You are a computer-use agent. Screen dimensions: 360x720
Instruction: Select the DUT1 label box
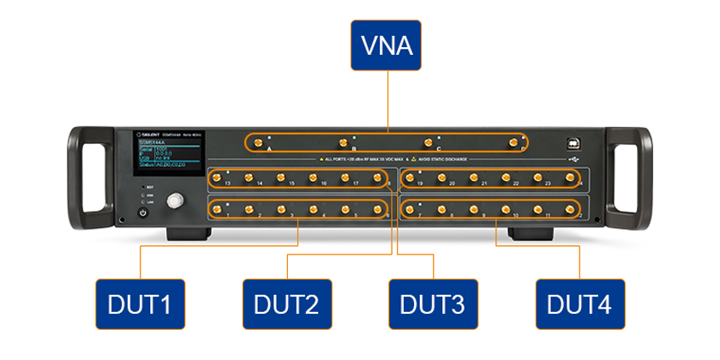140,303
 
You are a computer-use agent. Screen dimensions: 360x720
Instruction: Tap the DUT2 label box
285,303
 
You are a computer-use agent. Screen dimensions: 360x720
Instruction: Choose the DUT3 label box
432,303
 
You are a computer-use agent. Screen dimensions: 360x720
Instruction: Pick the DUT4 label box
579,303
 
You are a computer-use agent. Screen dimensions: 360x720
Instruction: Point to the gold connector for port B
343,142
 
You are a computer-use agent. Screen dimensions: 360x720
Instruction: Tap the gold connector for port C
428,142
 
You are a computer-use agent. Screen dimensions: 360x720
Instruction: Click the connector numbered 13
217,177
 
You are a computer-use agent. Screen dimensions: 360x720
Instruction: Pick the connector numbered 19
410,177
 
